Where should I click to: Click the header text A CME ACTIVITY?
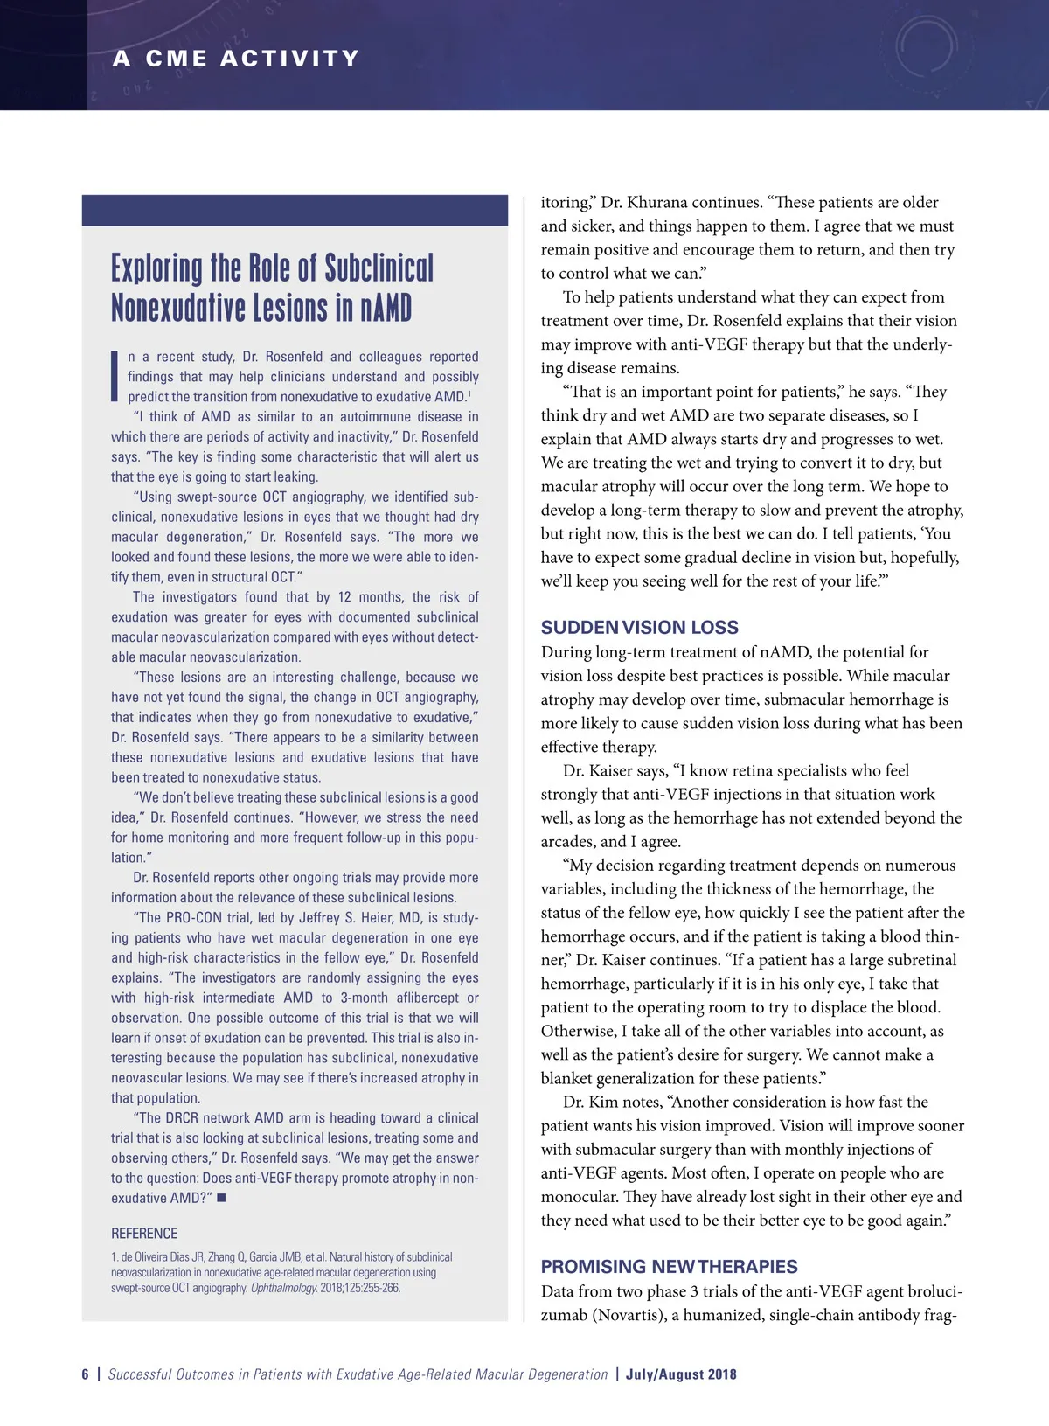(236, 59)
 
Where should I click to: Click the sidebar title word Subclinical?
(379, 268)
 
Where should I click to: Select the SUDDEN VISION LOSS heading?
(639, 627)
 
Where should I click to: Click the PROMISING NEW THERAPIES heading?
(669, 1266)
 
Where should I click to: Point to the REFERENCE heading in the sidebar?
(144, 1234)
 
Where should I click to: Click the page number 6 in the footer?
(86, 1374)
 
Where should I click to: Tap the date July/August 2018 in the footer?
(681, 1374)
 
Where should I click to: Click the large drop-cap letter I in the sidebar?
(115, 376)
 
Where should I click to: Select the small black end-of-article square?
(221, 1198)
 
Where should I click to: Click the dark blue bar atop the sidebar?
(295, 210)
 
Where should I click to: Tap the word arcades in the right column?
(568, 842)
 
